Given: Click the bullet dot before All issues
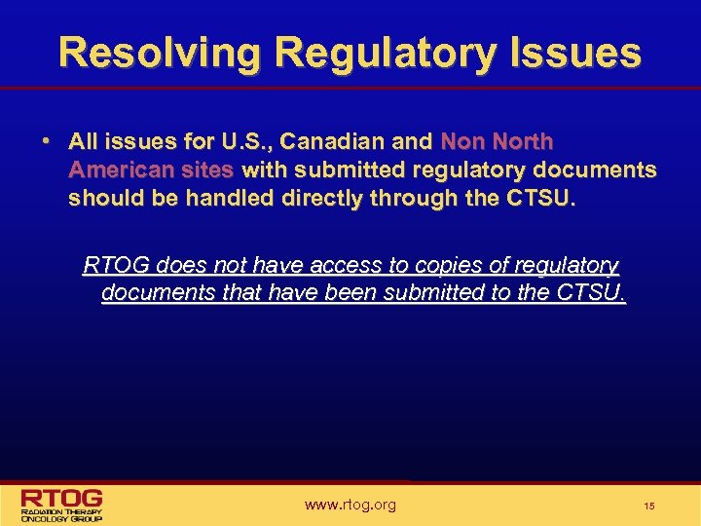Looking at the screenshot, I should pos(46,140).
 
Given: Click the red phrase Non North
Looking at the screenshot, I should pos(497,141).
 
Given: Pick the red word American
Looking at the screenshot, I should pos(115,169).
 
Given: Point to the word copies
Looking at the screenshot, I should pos(448,265).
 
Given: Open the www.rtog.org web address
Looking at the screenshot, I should pos(350,505).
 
